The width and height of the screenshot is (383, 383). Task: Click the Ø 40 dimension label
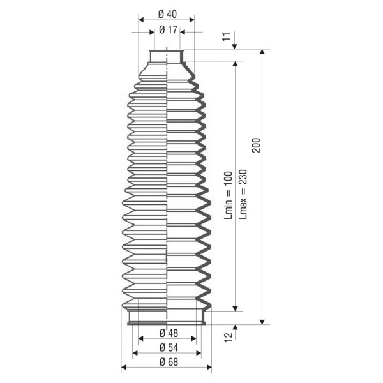(x=167, y=14)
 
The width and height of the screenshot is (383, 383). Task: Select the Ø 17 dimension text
(x=168, y=30)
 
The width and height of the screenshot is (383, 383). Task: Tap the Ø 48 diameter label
(x=169, y=333)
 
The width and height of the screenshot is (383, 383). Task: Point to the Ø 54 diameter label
(x=169, y=348)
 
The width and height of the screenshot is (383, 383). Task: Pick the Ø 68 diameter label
(x=169, y=362)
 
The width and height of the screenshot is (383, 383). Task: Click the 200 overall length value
(x=256, y=146)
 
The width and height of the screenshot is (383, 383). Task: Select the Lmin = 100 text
(x=229, y=195)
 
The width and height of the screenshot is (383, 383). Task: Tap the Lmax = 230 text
(x=243, y=195)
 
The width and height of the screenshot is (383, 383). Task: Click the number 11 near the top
(x=227, y=36)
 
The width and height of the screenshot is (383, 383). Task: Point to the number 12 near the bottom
(x=229, y=337)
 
